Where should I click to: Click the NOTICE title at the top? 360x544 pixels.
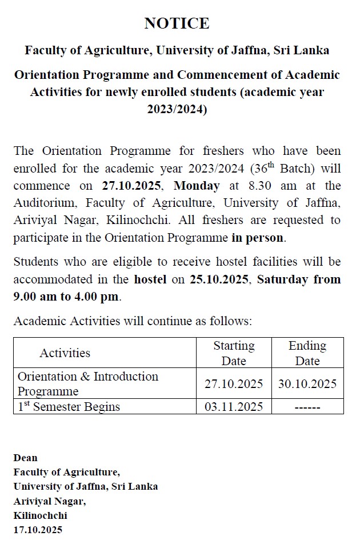tap(177, 23)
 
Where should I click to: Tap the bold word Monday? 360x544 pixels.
tap(197, 186)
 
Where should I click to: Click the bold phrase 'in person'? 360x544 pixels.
tap(258, 237)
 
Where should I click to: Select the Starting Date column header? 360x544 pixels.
tap(234, 353)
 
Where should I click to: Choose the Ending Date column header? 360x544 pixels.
tap(307, 353)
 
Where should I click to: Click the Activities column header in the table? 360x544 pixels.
tap(65, 353)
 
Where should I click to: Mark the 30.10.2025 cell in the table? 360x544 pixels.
tap(307, 384)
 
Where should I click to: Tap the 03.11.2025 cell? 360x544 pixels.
tap(234, 407)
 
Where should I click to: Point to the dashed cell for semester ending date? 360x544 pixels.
tap(307, 407)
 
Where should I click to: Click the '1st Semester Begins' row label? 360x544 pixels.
tap(69, 407)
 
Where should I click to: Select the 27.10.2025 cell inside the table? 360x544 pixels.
tap(234, 384)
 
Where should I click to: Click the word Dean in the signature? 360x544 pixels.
tap(25, 458)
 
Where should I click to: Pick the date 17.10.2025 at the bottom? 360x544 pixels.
tap(38, 530)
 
